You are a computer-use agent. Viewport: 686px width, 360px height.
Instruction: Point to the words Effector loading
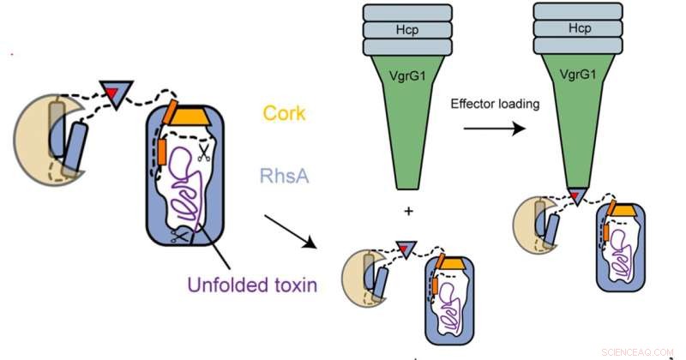pos(496,103)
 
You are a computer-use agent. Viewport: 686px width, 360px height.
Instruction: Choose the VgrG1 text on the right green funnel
pos(581,75)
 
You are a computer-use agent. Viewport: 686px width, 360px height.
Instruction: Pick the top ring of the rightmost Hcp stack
pos(581,11)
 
